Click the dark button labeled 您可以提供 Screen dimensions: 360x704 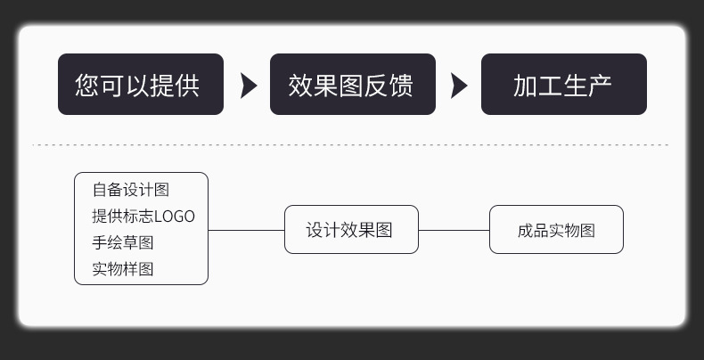(x=140, y=85)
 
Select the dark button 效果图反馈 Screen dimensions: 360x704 (x=352, y=85)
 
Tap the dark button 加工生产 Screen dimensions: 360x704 (x=563, y=85)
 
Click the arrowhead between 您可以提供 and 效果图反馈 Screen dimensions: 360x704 (x=248, y=86)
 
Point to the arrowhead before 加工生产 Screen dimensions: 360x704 (x=458, y=86)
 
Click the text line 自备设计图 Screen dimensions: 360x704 (x=131, y=190)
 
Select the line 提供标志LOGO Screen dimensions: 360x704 (x=143, y=217)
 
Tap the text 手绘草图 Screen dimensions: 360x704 (x=123, y=242)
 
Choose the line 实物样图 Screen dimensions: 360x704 (x=123, y=269)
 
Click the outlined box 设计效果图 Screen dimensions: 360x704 (x=350, y=230)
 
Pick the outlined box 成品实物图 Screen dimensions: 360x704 (x=556, y=230)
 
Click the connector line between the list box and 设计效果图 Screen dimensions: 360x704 (x=246, y=230)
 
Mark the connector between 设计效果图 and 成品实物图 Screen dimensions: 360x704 (x=454, y=230)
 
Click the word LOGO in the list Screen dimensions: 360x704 (x=175, y=217)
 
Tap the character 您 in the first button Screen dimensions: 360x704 (x=86, y=86)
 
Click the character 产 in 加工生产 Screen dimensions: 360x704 (x=600, y=86)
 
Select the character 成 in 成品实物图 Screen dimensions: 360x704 (x=525, y=231)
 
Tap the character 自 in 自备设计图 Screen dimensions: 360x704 (x=100, y=190)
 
